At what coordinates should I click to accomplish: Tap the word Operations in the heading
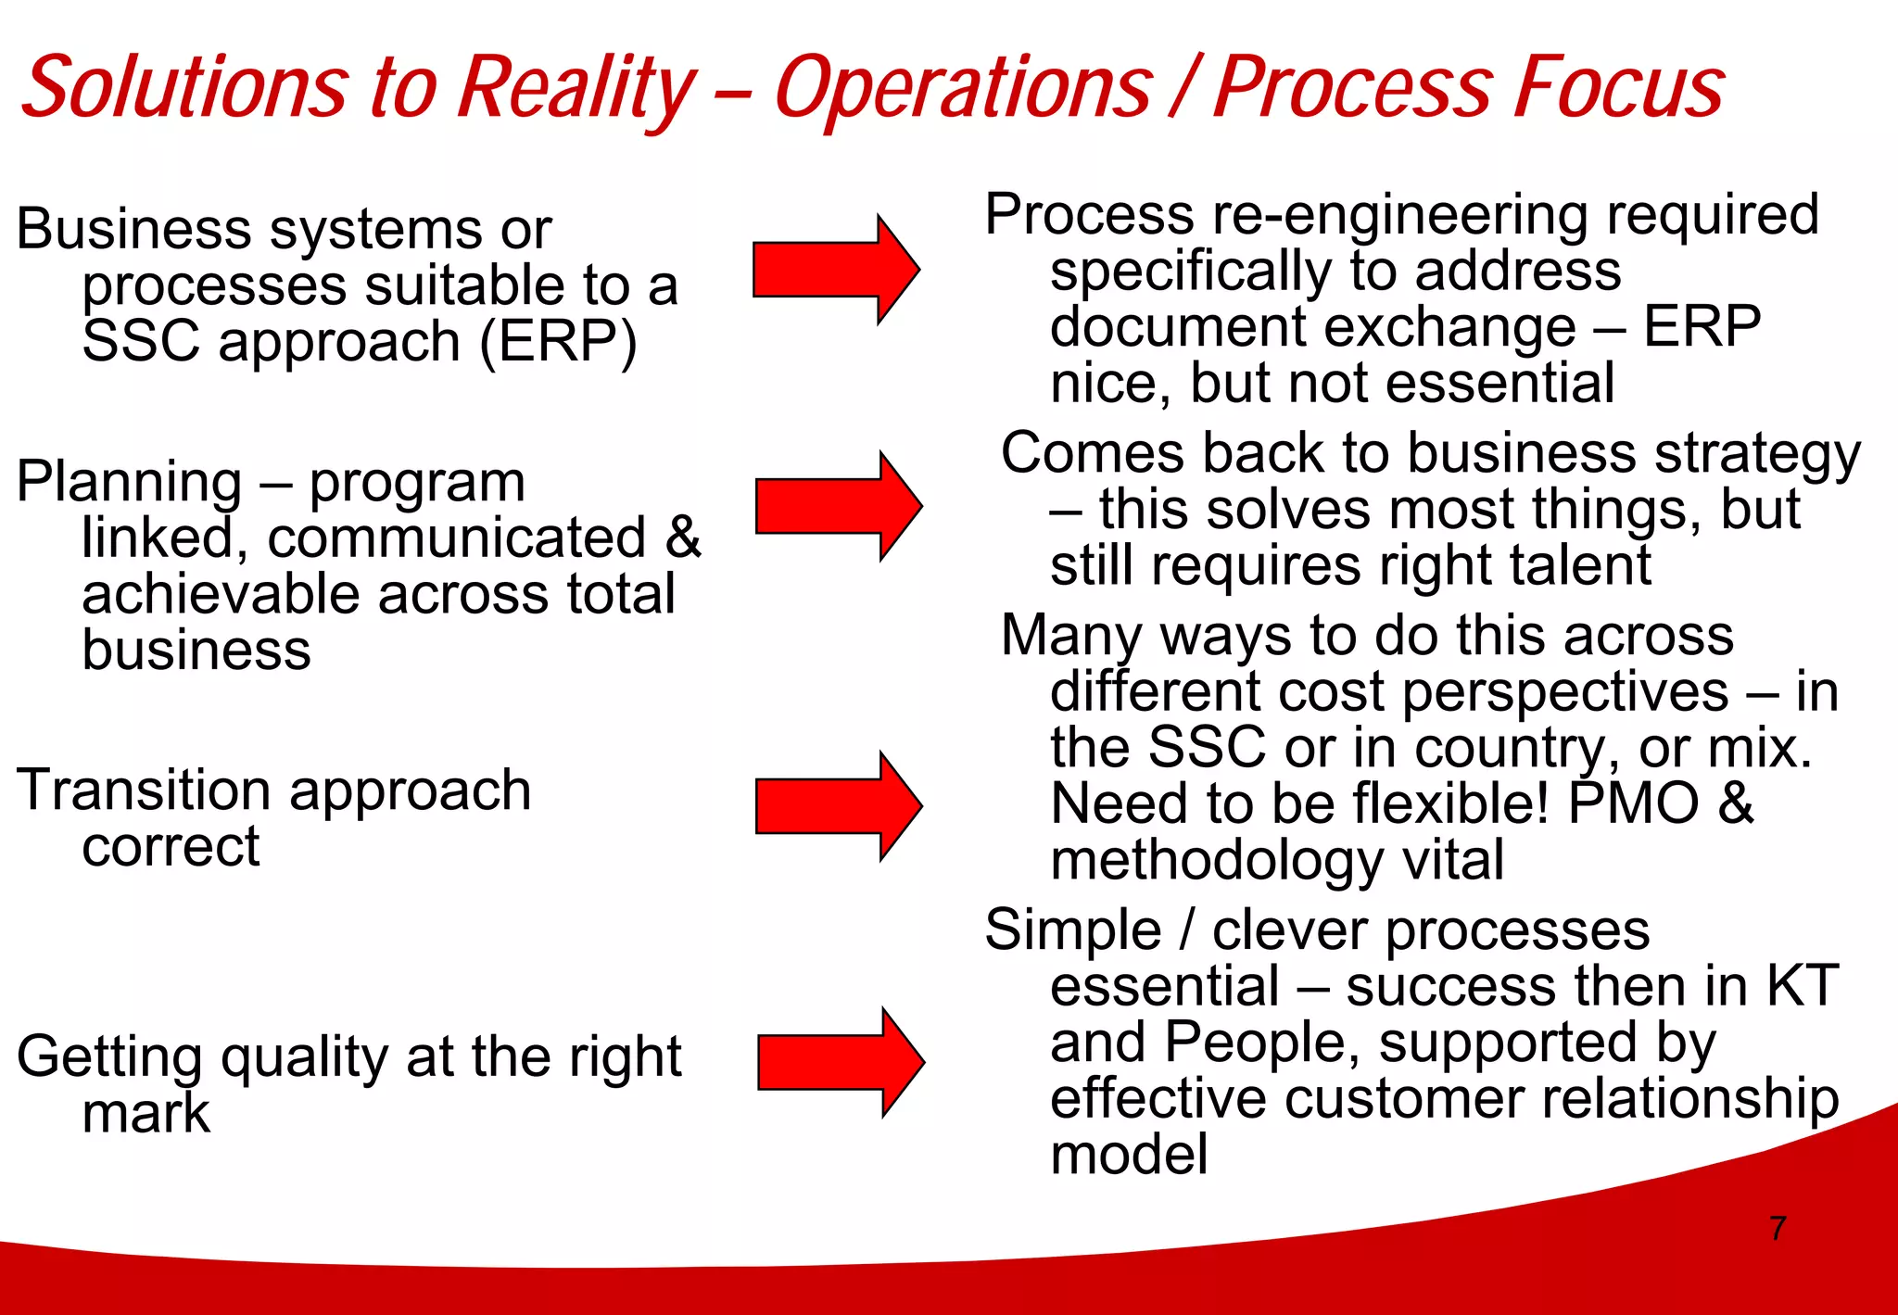964,88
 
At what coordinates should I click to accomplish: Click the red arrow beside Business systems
835,270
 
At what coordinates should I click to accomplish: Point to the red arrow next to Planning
838,507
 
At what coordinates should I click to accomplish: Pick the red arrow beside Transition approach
838,807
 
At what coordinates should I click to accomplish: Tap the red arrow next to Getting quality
840,1062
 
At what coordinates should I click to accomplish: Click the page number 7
1777,1228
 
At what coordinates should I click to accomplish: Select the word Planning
130,483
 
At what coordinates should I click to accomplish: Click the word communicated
456,538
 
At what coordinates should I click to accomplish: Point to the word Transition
144,790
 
